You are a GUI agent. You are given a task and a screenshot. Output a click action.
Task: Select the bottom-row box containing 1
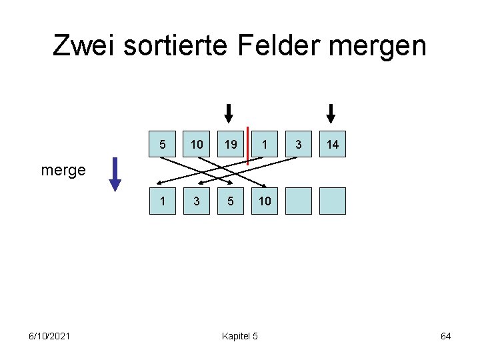[x=163, y=201]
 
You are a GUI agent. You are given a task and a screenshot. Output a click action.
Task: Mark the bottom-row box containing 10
[x=265, y=201]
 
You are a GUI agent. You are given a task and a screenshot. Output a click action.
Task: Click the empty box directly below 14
[x=333, y=201]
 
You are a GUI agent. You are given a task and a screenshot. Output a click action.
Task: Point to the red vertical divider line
[x=247, y=145]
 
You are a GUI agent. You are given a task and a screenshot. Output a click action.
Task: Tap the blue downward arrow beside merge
[x=115, y=174]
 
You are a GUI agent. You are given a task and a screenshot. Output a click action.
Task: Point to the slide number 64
[x=446, y=336]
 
